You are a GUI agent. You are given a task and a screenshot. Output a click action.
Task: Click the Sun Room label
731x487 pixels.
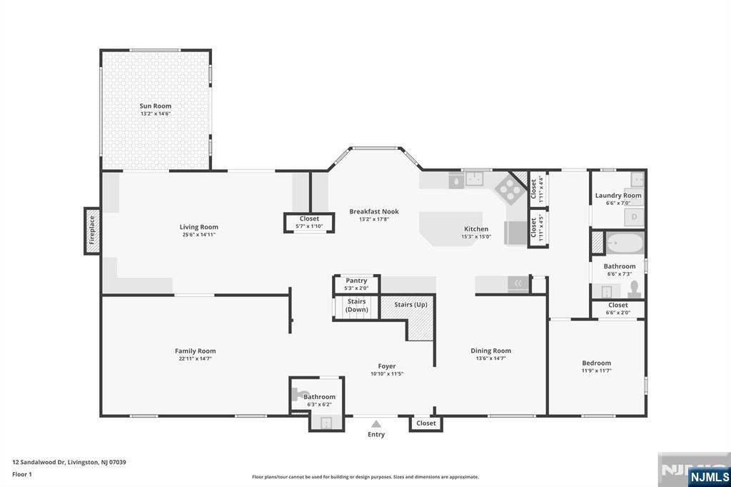(155, 106)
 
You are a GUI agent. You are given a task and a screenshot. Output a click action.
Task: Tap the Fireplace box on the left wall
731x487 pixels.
(92, 231)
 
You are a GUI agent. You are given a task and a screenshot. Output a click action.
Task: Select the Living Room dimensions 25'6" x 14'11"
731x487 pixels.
(198, 235)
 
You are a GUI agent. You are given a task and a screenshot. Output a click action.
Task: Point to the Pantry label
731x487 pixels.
(356, 281)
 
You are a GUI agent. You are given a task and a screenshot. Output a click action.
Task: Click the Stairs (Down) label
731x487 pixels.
(357, 306)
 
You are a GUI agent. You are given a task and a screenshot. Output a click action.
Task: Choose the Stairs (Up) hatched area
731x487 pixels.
(410, 317)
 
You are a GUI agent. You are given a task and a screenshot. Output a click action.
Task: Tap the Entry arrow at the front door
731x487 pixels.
(376, 423)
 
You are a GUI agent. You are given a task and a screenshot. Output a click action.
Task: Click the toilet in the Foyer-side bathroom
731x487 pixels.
(298, 394)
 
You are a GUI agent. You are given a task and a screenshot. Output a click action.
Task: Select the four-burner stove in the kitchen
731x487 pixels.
(508, 189)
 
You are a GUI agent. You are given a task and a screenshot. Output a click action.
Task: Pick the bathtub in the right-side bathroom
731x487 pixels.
(625, 243)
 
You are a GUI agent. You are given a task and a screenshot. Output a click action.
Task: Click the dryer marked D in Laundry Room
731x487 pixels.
(634, 217)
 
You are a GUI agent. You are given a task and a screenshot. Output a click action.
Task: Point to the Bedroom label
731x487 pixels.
(596, 363)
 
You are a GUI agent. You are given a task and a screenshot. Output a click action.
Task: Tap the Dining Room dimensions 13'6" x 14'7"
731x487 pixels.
(490, 358)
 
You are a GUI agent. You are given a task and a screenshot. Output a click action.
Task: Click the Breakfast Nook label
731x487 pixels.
(374, 211)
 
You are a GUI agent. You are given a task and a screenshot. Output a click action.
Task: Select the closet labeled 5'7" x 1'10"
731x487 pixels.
(309, 223)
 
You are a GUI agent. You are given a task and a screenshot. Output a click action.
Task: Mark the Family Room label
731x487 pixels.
(196, 351)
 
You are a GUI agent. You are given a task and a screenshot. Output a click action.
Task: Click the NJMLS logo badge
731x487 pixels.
(709, 477)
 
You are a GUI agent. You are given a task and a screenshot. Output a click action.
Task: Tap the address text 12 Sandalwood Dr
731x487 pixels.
(39, 462)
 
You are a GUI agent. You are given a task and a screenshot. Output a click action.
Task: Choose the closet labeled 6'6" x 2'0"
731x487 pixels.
(617, 308)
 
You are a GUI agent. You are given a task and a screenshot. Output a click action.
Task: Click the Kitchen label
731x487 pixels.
(476, 229)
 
